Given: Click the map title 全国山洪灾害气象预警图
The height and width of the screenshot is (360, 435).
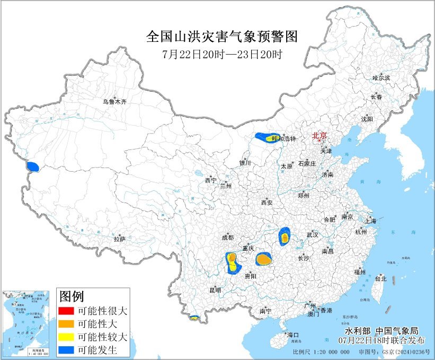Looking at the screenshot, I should click(x=221, y=37).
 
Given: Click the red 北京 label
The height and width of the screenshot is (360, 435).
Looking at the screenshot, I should click(x=319, y=136).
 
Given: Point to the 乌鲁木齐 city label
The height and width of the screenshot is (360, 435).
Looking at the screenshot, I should click(x=115, y=102).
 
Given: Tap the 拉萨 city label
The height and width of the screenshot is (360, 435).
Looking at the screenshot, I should click(x=120, y=240).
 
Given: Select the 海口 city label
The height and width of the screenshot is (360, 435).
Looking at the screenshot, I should click(x=293, y=335).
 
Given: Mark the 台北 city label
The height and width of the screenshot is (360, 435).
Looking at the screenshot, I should click(x=380, y=278).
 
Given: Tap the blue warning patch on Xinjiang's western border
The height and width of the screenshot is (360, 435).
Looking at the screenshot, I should click(x=33, y=167).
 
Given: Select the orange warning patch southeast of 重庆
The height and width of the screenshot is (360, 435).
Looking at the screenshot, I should click(x=263, y=259).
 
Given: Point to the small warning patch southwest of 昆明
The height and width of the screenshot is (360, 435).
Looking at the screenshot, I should click(x=194, y=318).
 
